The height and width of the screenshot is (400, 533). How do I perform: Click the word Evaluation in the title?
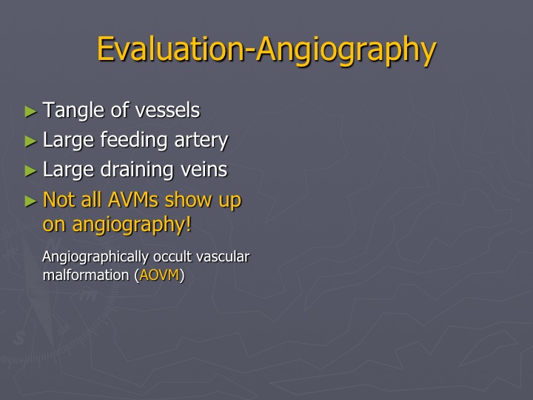171,49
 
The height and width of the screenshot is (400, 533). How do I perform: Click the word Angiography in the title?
346,52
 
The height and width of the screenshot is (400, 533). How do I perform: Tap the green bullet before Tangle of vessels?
30,111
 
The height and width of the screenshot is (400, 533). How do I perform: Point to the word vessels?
167,110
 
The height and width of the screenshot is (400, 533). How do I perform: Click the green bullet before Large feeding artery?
30,141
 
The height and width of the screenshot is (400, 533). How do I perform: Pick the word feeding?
134,141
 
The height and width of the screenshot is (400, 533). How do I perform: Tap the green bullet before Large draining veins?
30,171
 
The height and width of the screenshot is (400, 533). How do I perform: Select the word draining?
137,170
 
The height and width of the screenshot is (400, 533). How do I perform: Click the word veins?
204,170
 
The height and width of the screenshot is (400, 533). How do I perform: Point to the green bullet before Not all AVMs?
30,201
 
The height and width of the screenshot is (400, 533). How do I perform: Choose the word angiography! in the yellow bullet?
132,225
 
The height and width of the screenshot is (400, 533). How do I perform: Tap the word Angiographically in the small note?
95,258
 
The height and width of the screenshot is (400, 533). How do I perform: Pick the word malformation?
86,275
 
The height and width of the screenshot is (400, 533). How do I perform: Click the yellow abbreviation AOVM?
159,275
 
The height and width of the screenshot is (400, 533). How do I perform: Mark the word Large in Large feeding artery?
68,141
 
